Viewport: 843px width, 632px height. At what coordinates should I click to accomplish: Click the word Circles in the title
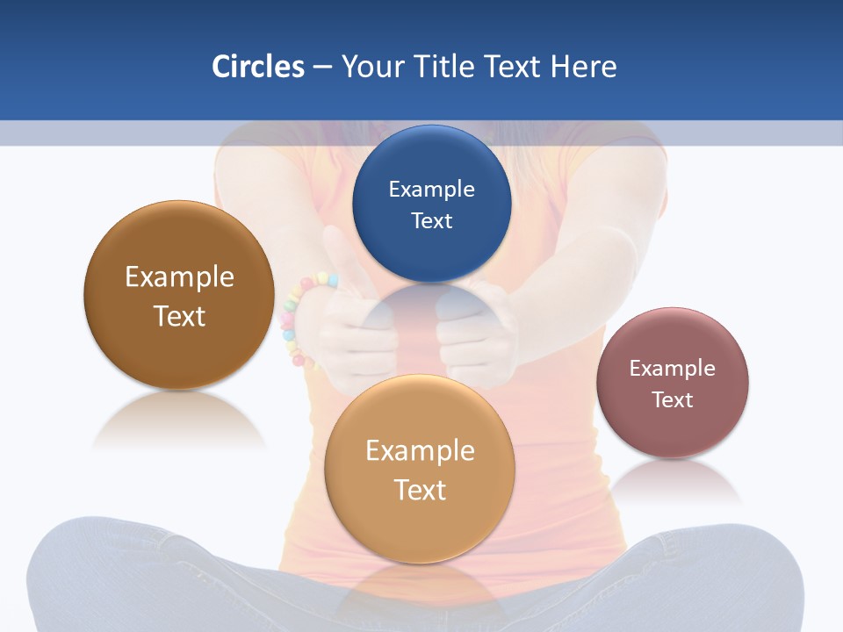pos(257,67)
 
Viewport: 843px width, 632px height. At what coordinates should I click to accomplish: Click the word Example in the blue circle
pos(431,189)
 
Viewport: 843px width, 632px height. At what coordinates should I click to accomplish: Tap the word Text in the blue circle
pos(431,220)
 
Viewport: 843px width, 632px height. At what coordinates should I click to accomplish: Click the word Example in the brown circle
pos(179,276)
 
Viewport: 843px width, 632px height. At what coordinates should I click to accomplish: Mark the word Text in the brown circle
pos(179,316)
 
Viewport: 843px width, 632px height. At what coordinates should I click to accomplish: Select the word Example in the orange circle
pos(420,450)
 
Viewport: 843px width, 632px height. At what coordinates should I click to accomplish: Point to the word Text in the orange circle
pos(420,490)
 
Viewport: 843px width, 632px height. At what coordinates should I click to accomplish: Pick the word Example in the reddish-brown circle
pos(672,368)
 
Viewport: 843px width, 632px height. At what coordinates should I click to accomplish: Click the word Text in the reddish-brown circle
pos(672,399)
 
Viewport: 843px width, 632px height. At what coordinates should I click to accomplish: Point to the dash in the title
pos(322,68)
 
